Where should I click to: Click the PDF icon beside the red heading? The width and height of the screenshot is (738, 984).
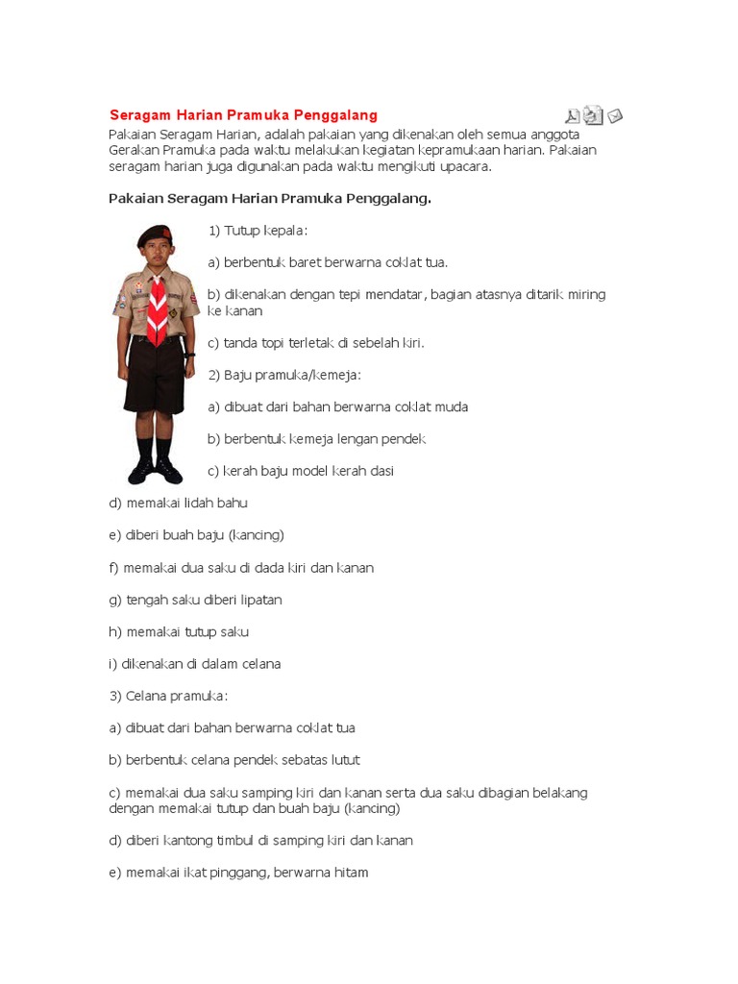(x=573, y=116)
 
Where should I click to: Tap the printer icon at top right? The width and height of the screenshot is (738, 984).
(x=594, y=116)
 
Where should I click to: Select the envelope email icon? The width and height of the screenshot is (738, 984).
(x=615, y=116)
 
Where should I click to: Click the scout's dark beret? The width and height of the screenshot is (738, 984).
(x=154, y=234)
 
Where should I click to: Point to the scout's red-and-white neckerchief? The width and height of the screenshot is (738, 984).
(x=157, y=306)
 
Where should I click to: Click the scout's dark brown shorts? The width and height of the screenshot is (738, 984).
(x=155, y=375)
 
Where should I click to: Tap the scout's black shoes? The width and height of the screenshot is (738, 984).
(x=155, y=471)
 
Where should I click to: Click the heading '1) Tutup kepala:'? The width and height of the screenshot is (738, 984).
(x=258, y=231)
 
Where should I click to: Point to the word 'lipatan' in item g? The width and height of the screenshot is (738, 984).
(x=259, y=600)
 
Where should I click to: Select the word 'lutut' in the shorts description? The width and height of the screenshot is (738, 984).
(x=343, y=760)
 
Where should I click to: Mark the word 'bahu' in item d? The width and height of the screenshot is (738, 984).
(x=232, y=503)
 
